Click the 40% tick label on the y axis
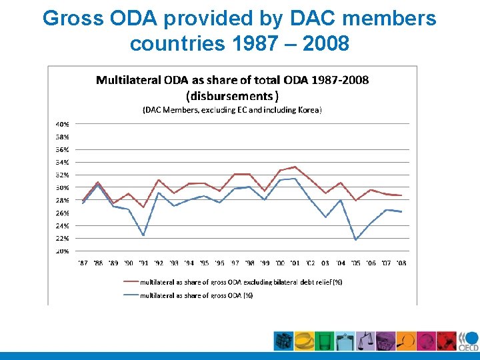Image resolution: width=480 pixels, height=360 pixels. (x=62, y=124)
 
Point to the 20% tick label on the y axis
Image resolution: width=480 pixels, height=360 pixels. (x=62, y=251)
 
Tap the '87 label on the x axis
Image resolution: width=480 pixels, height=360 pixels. (x=83, y=263)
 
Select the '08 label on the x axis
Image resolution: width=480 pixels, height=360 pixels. (x=401, y=263)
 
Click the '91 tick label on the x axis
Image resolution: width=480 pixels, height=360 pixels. (x=143, y=263)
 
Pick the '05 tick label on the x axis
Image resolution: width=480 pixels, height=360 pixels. (x=356, y=263)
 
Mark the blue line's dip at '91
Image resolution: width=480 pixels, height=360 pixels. (x=143, y=235)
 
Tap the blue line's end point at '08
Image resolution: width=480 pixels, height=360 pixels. (x=401, y=211)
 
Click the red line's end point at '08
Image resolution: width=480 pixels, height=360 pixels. (x=401, y=195)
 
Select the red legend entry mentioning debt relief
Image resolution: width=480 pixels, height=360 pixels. (x=240, y=282)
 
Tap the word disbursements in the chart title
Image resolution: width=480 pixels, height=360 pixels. (x=232, y=95)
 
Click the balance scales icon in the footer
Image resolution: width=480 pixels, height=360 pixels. (x=366, y=341)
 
